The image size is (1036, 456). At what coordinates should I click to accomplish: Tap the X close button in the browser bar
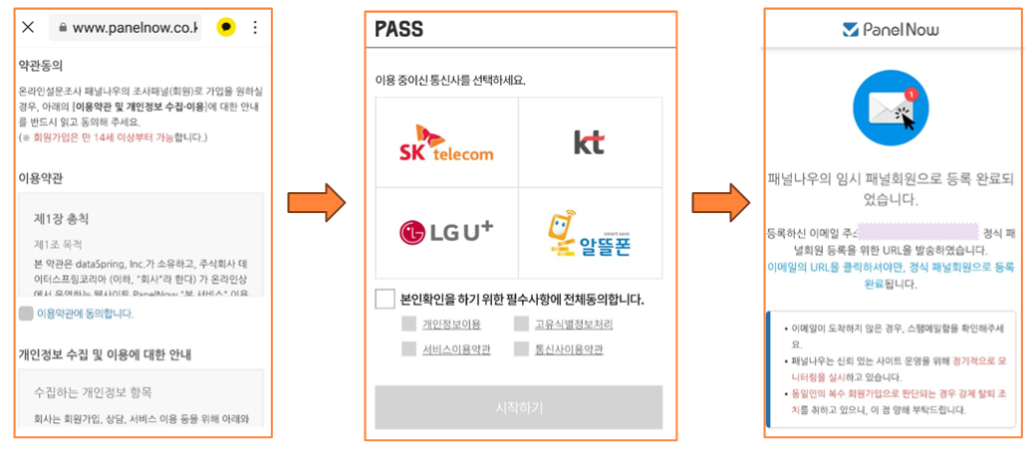[x=29, y=28]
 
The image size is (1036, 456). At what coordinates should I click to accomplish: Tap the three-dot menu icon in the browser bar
[x=255, y=28]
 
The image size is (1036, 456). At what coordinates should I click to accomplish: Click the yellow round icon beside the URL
[x=226, y=28]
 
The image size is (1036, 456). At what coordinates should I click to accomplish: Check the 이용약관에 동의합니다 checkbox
[x=26, y=314]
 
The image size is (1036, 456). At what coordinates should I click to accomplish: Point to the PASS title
[x=399, y=30]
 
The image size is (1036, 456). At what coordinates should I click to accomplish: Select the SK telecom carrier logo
[x=446, y=142]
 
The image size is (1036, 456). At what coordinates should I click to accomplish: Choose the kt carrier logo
[x=590, y=142]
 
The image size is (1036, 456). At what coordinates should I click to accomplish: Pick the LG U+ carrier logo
[x=446, y=232]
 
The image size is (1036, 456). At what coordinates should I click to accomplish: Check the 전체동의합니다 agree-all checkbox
[x=385, y=299]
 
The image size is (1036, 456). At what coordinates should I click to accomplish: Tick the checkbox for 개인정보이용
[x=408, y=324]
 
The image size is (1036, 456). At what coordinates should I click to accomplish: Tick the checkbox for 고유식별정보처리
[x=522, y=324]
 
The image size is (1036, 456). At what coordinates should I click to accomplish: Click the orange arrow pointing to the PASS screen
[x=316, y=203]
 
